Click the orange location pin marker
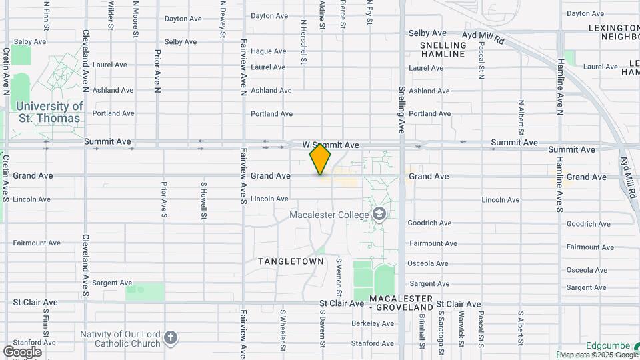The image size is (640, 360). (x=320, y=159)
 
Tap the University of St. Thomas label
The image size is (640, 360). (x=49, y=112)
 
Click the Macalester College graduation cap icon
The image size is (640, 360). (x=379, y=214)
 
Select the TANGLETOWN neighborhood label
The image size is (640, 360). (x=291, y=261)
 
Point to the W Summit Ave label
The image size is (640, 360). (x=331, y=145)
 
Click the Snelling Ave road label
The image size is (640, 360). (x=402, y=110)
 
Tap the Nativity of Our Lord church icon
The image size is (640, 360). (x=171, y=338)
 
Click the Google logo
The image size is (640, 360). (x=22, y=352)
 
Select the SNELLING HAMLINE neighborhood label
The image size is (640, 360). (x=443, y=50)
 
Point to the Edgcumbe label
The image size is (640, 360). (x=608, y=346)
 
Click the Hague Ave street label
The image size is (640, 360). (x=269, y=51)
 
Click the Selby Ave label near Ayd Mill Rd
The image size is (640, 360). (x=427, y=33)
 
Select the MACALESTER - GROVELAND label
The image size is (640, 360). (x=401, y=302)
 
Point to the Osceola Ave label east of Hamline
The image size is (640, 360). (x=587, y=270)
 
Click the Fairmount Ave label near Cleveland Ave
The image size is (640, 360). (x=36, y=243)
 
